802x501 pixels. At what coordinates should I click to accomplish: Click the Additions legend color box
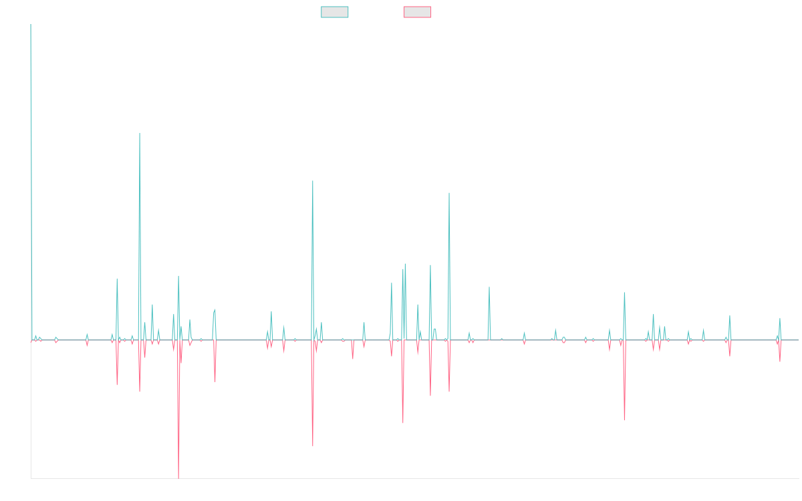(x=335, y=12)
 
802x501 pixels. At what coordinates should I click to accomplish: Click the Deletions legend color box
(x=417, y=12)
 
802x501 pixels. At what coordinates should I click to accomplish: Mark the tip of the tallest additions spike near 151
(x=140, y=134)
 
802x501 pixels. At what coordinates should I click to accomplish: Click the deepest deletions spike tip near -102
(x=178, y=478)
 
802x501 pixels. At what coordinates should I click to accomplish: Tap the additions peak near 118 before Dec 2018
(x=312, y=181)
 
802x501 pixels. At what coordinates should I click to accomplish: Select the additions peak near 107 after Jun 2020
(x=449, y=193)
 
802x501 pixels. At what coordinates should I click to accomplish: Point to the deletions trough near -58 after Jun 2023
(x=624, y=420)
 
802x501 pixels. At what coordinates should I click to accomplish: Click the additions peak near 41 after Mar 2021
(x=489, y=287)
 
